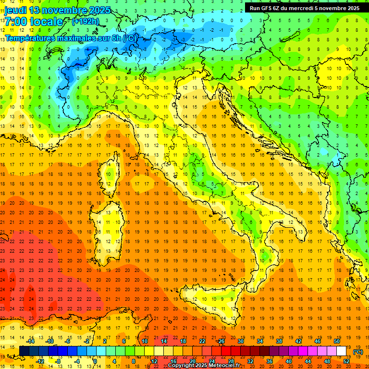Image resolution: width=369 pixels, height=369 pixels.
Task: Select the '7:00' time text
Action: [x=15, y=22]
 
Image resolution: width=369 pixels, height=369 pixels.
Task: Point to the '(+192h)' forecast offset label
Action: [x=85, y=21]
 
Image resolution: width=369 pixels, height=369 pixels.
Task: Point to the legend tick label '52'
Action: [x=346, y=361]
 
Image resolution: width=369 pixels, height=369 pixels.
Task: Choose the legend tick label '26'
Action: [x=221, y=341]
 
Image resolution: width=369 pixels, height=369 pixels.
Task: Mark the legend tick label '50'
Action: [x=337, y=341]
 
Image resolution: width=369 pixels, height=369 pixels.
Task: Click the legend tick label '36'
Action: [x=270, y=361]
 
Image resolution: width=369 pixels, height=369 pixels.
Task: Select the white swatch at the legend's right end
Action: [x=342, y=351]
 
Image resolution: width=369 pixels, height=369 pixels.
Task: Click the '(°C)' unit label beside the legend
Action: [x=358, y=352]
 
